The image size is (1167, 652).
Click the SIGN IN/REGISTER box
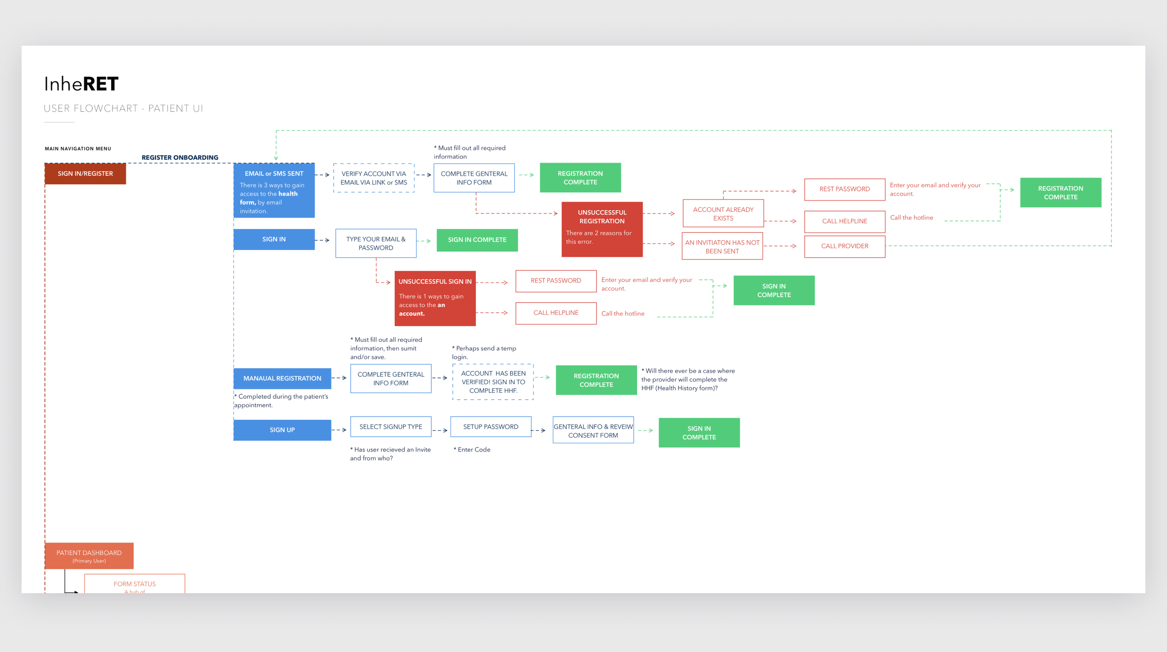(x=85, y=173)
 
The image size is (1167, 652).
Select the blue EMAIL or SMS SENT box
(x=274, y=190)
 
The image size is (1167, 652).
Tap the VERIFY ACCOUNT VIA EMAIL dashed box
(x=374, y=178)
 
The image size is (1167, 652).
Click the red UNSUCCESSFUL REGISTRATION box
(x=602, y=229)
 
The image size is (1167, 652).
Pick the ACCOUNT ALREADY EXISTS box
(x=723, y=213)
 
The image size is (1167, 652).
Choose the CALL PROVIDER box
(x=844, y=246)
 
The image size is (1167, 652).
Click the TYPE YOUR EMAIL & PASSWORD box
(x=376, y=243)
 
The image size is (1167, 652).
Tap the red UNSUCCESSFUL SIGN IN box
(x=435, y=298)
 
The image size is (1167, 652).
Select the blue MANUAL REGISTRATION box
(x=282, y=378)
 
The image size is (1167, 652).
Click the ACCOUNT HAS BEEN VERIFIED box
(x=493, y=382)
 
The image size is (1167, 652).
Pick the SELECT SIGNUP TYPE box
(x=391, y=427)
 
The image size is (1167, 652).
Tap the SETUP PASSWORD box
(x=491, y=427)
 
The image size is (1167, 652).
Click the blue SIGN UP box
(x=282, y=430)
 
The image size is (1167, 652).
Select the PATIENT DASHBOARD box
(x=89, y=556)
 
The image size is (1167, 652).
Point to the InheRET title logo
(x=81, y=84)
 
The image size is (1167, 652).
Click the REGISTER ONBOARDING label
(x=180, y=157)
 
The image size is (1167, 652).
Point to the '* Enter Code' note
(x=472, y=449)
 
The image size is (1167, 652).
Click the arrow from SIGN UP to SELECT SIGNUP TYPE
(x=339, y=430)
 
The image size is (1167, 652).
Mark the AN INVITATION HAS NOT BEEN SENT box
(x=722, y=246)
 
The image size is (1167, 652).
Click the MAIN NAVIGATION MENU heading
(x=78, y=149)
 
